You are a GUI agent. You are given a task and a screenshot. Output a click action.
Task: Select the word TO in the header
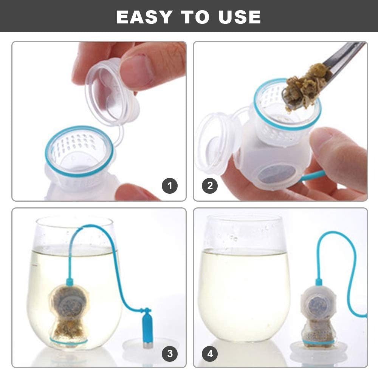click(x=195, y=17)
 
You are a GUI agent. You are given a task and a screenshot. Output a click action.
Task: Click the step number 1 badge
click(x=170, y=186)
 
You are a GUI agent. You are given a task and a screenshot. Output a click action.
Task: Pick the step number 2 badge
click(x=210, y=186)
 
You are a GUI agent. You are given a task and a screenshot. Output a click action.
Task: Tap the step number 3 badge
click(x=170, y=354)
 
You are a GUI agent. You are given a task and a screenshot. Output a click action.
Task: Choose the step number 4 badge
click(x=210, y=354)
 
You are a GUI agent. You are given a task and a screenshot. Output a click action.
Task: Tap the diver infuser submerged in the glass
click(x=69, y=313)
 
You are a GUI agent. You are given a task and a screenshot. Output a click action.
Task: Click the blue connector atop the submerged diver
click(x=70, y=282)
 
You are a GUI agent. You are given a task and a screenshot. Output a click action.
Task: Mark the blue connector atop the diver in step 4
click(x=319, y=282)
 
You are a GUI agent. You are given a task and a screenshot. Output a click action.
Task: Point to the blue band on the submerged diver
click(x=69, y=341)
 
